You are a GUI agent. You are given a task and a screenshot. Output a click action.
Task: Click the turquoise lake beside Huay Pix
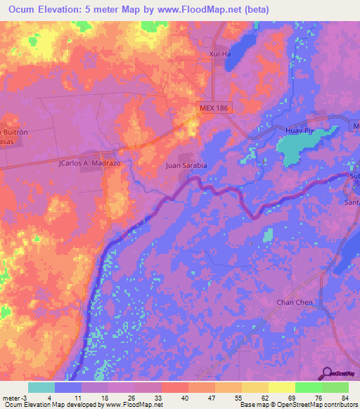(297, 148)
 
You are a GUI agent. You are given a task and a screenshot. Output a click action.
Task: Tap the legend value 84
(344, 397)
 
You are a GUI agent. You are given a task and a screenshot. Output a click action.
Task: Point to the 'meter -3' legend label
(13, 397)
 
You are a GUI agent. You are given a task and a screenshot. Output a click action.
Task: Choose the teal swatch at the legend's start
(41, 387)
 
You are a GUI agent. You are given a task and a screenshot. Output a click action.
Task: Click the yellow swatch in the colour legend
(281, 387)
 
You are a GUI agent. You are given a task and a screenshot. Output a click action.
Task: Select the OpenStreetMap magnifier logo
(327, 373)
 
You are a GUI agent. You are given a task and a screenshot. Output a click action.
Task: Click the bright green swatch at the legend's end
(334, 387)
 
